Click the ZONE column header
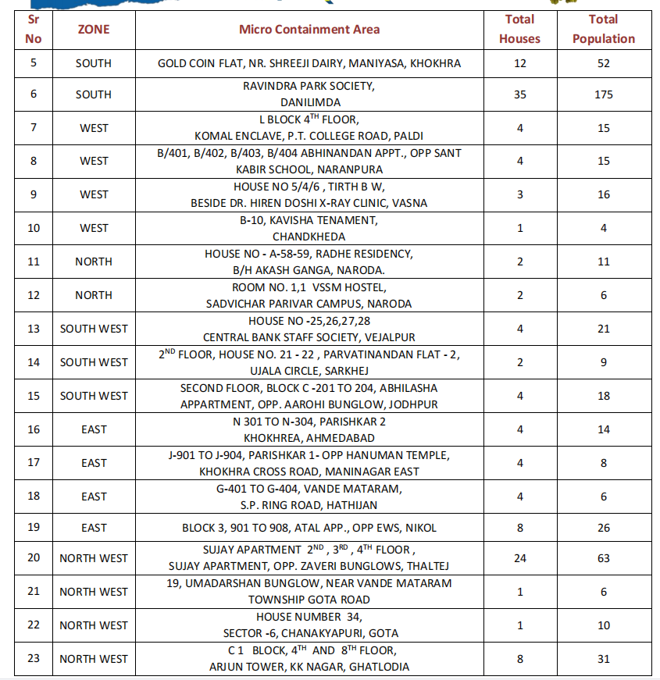94,30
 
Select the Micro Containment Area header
309,30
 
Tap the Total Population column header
603,29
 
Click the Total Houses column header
519,29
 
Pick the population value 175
603,94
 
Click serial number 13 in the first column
34,329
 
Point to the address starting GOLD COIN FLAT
309,63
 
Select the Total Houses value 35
519,94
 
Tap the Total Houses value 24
519,557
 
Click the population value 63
603,557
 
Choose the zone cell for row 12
94,295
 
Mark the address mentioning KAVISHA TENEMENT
309,228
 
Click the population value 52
603,63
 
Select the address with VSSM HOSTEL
309,295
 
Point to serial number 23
34,658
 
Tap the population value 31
603,658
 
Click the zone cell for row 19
94,528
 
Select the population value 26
603,528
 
